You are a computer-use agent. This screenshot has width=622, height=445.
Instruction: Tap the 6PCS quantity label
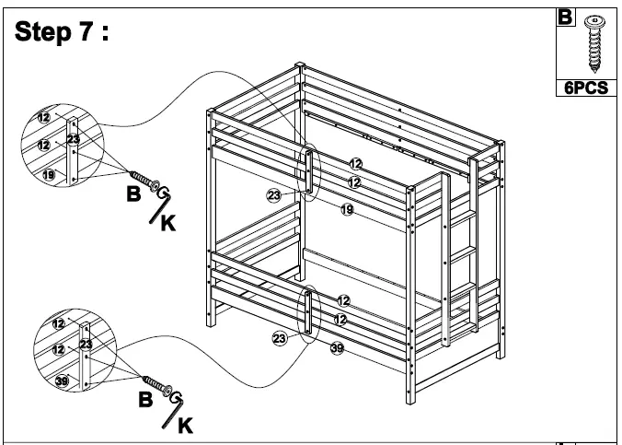point(586,88)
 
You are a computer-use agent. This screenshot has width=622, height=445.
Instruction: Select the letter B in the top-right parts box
point(564,17)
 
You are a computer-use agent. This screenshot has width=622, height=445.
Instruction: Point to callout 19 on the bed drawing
point(347,210)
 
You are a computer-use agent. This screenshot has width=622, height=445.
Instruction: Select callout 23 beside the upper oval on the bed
point(273,195)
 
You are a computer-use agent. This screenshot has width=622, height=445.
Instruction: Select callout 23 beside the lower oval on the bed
point(280,339)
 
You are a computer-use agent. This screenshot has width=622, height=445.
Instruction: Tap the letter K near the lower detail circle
point(186,427)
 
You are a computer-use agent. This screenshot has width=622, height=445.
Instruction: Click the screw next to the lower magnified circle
point(157,384)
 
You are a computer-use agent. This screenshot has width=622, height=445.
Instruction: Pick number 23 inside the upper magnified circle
point(74,139)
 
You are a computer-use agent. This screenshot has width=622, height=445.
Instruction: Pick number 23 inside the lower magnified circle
point(85,344)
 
